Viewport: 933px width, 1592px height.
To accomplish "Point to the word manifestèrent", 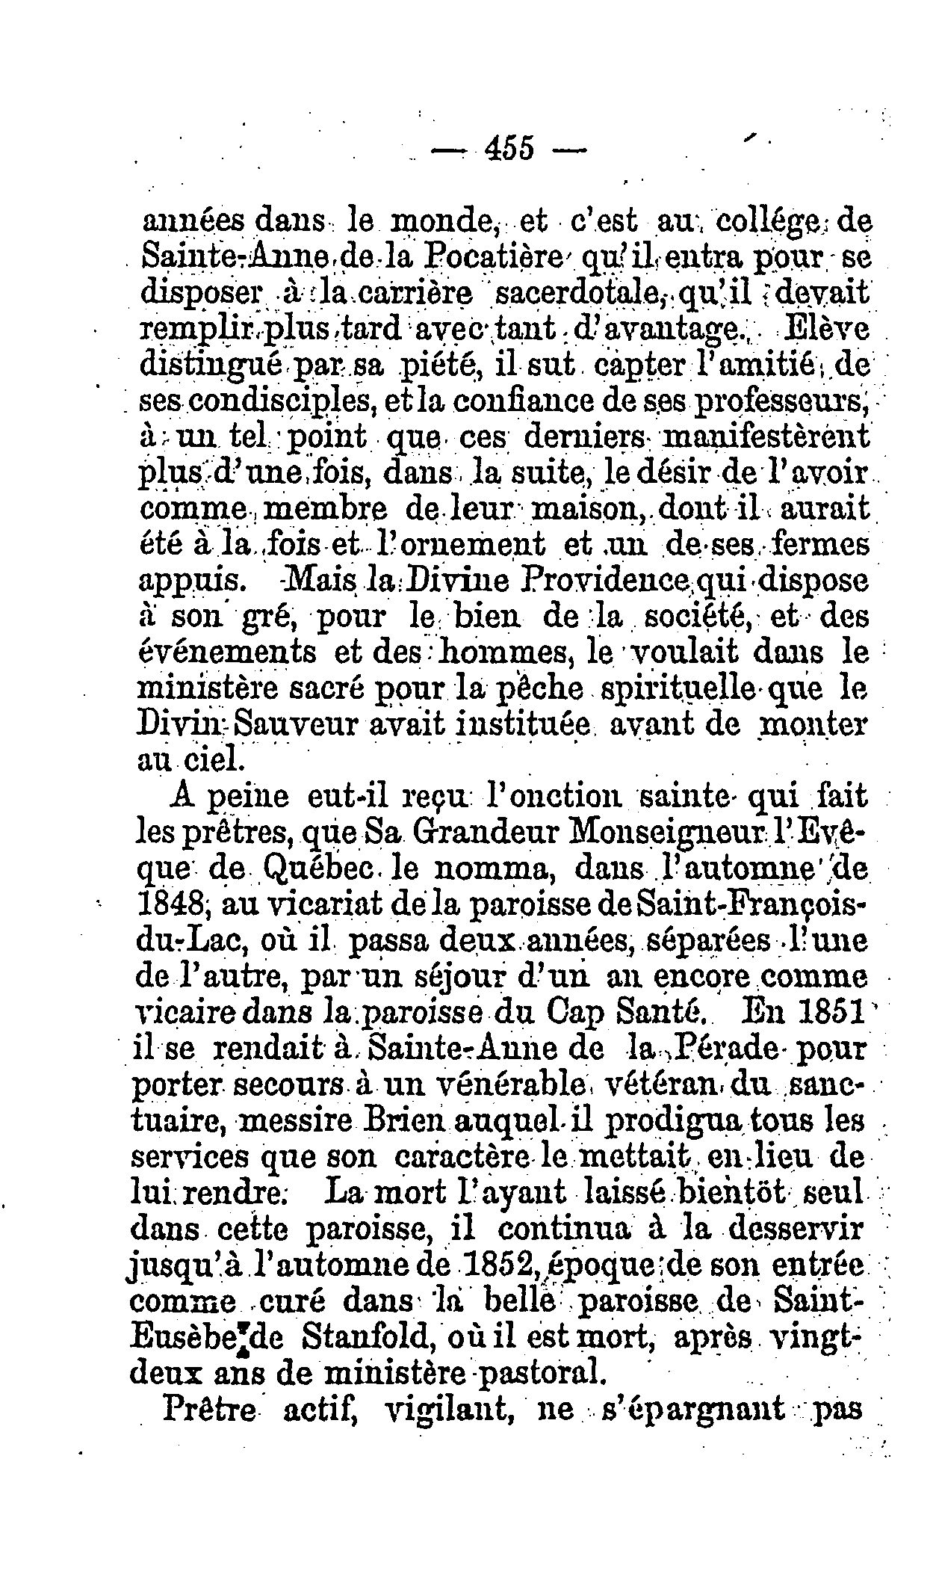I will (766, 436).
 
